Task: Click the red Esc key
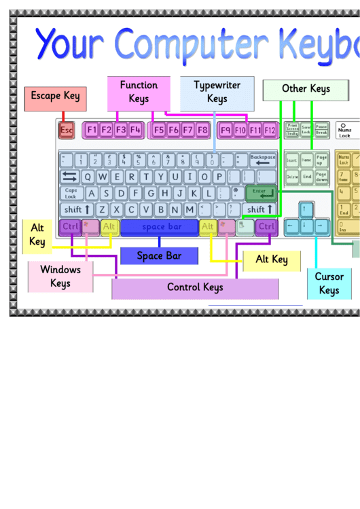coord(67,129)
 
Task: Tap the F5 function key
coord(159,129)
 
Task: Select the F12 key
coord(270,129)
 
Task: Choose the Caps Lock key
coord(71,193)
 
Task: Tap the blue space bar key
coord(160,226)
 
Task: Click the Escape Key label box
coord(55,97)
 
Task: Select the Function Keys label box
coord(139,92)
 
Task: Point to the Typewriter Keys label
coord(217,92)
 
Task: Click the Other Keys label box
coord(306,89)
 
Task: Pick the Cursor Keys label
coord(329,283)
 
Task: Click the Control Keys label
coord(195,287)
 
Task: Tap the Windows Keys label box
coord(60,277)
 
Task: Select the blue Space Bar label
coord(159,256)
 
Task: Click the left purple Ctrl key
coord(71,226)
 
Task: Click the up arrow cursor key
coord(306,209)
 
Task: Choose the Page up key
coord(321,160)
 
